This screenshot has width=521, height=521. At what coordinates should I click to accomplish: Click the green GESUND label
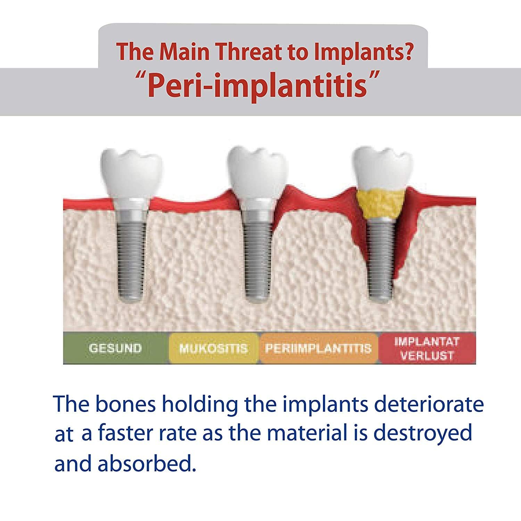[115, 348]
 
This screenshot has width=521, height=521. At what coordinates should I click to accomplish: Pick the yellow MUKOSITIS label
[213, 348]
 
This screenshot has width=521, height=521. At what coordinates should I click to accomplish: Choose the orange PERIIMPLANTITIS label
[318, 348]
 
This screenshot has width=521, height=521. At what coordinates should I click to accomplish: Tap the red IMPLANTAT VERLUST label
[427, 348]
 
